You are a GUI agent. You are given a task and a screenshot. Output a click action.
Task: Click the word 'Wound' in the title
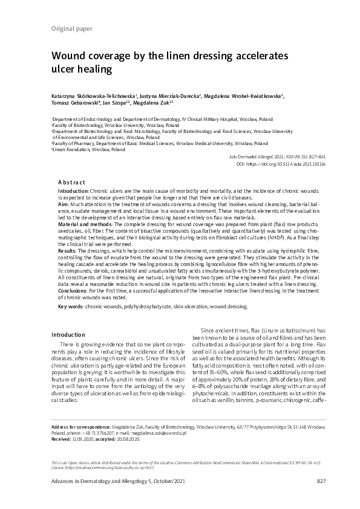(x=70, y=56)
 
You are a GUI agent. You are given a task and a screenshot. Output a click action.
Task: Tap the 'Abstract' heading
(x=71, y=182)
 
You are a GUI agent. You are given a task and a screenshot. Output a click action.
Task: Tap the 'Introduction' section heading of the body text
(x=68, y=335)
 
